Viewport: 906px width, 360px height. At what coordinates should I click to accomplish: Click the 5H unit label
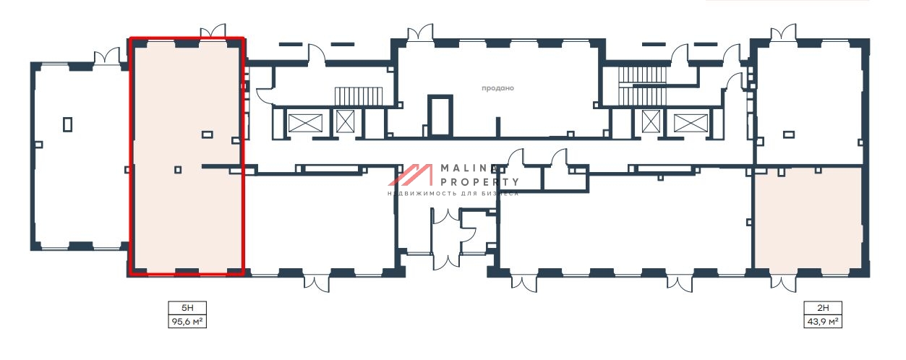(x=187, y=308)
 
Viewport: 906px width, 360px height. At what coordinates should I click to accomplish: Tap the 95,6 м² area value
(x=187, y=322)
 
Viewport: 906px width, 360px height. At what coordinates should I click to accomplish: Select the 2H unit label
(x=823, y=308)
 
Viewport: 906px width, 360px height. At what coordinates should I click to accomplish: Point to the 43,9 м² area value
(x=823, y=322)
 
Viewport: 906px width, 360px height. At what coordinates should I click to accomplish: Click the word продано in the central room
(x=497, y=87)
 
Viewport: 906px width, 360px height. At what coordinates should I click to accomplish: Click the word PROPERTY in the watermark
(x=479, y=182)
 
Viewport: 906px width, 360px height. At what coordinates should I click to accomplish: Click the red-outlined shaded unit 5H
(x=187, y=157)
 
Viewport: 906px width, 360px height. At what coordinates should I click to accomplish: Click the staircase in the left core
(x=359, y=96)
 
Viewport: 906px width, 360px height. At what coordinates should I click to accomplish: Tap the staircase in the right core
(x=642, y=86)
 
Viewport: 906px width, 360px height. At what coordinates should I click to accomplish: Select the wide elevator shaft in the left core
(x=305, y=123)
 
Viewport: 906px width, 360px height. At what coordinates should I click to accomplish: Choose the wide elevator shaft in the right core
(x=691, y=123)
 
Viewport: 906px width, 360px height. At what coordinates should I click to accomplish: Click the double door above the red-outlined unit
(x=213, y=31)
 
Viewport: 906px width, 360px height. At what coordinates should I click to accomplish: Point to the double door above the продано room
(x=420, y=32)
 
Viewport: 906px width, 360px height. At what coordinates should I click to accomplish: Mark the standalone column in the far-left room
(x=67, y=124)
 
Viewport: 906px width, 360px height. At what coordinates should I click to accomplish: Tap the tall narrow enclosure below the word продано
(x=440, y=115)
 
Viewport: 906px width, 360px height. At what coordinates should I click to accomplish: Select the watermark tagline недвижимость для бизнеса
(x=453, y=194)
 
